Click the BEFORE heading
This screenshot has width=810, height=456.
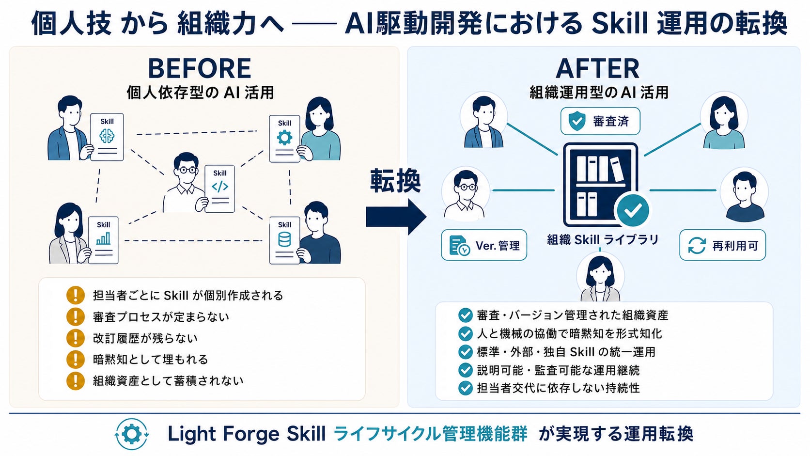click(x=200, y=68)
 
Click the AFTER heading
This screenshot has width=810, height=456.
click(x=597, y=68)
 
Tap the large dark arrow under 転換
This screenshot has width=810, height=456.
click(x=396, y=217)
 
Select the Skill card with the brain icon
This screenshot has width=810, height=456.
click(x=107, y=137)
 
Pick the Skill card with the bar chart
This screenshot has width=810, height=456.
click(x=103, y=240)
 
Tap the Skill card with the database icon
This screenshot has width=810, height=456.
click(x=284, y=240)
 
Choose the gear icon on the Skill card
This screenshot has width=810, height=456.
click(x=284, y=138)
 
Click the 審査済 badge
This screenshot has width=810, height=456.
click(x=600, y=121)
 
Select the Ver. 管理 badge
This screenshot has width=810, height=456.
click(x=484, y=245)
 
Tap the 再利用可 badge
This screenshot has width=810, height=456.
click(x=722, y=245)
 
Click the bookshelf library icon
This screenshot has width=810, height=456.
click(x=601, y=185)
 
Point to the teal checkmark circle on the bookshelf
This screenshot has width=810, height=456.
click(x=633, y=210)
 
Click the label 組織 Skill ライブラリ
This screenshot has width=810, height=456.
click(x=603, y=239)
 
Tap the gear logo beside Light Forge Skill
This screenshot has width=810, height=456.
click(x=132, y=434)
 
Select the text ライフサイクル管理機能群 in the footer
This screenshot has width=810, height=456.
click(x=430, y=434)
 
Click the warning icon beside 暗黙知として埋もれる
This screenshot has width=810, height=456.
click(x=76, y=359)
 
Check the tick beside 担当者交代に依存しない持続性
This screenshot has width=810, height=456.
click(x=466, y=388)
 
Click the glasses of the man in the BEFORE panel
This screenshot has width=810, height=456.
click(x=187, y=170)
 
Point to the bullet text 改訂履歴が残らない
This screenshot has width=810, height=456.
click(x=145, y=338)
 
